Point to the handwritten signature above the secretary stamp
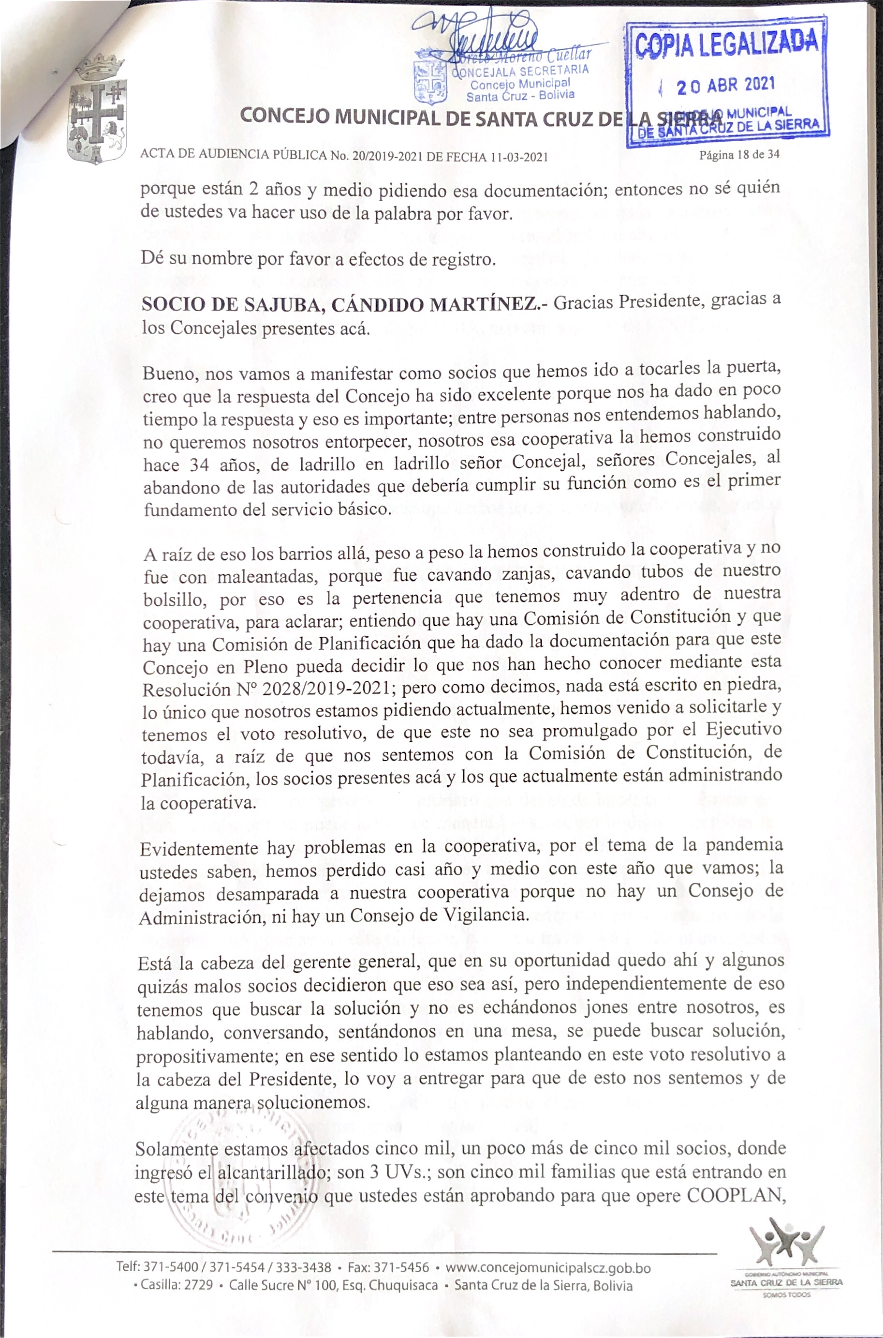coord(484,34)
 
